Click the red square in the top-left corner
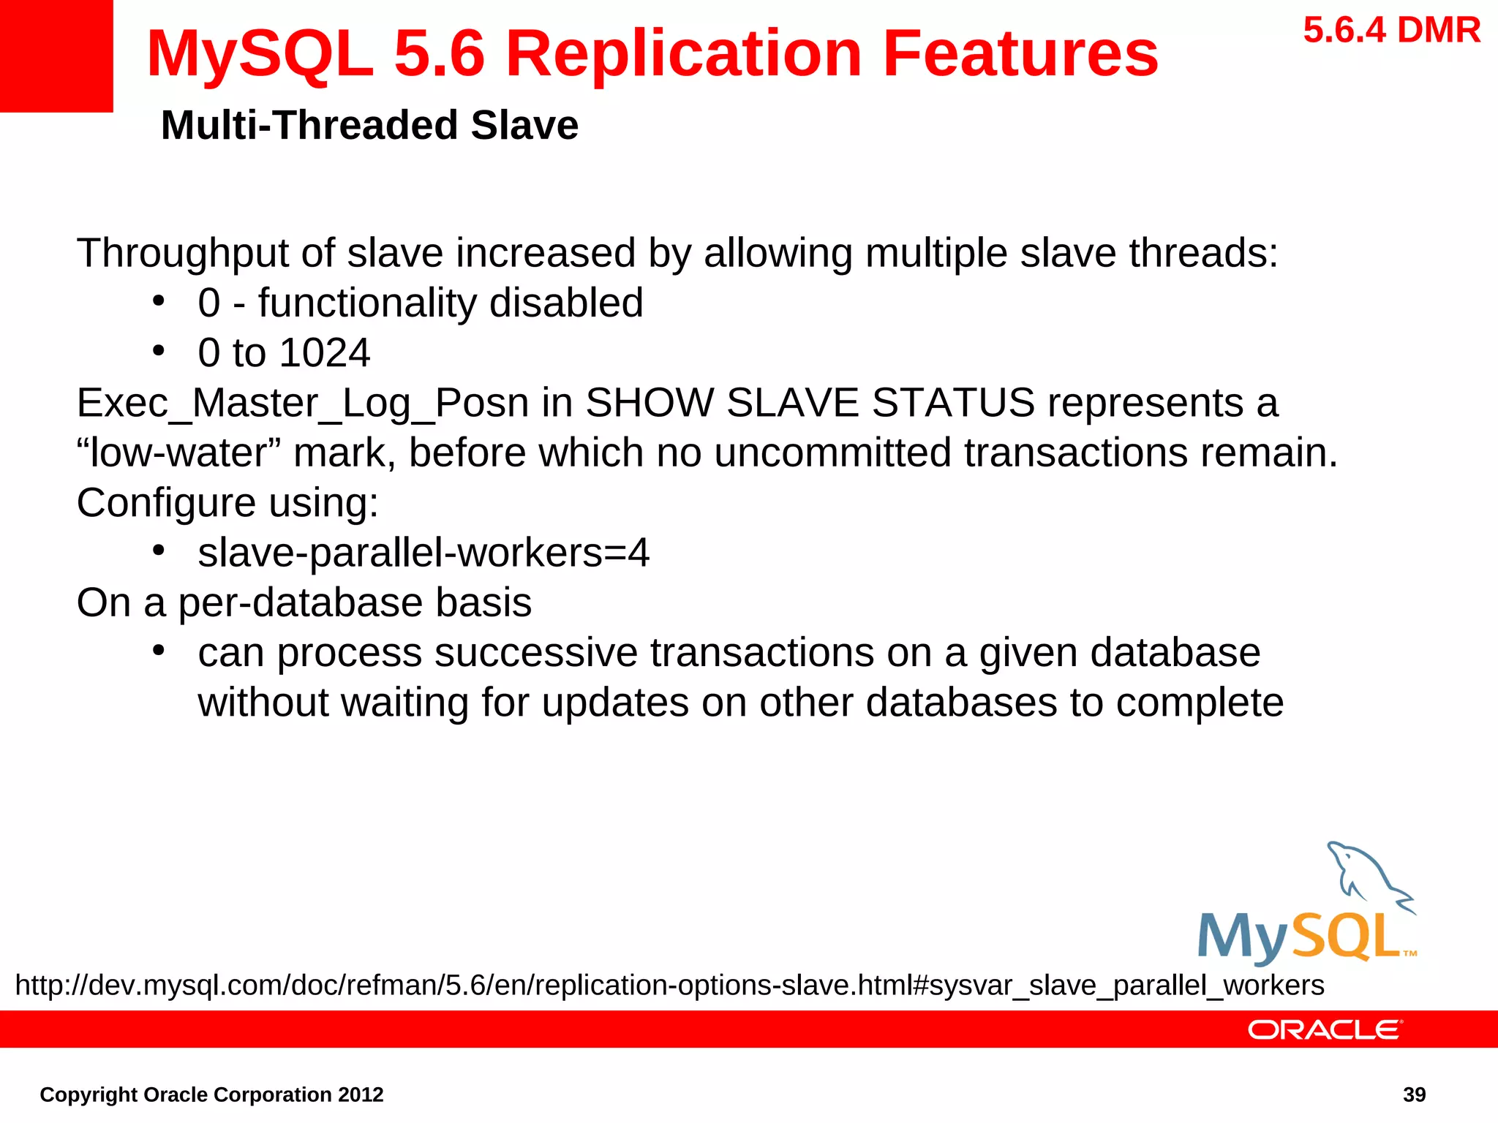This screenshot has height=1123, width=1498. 56,56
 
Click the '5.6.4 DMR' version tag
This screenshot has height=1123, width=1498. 1391,31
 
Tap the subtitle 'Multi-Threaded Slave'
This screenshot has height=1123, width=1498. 369,125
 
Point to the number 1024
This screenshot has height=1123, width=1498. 325,353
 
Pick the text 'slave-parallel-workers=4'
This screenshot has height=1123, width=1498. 423,553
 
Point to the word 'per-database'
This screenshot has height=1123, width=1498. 301,603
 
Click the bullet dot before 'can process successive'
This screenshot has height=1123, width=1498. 159,651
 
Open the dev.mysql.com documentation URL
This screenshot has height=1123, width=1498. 669,986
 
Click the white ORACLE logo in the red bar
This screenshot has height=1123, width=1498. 1325,1029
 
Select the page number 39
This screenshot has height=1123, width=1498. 1414,1094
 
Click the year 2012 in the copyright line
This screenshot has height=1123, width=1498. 361,1094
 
